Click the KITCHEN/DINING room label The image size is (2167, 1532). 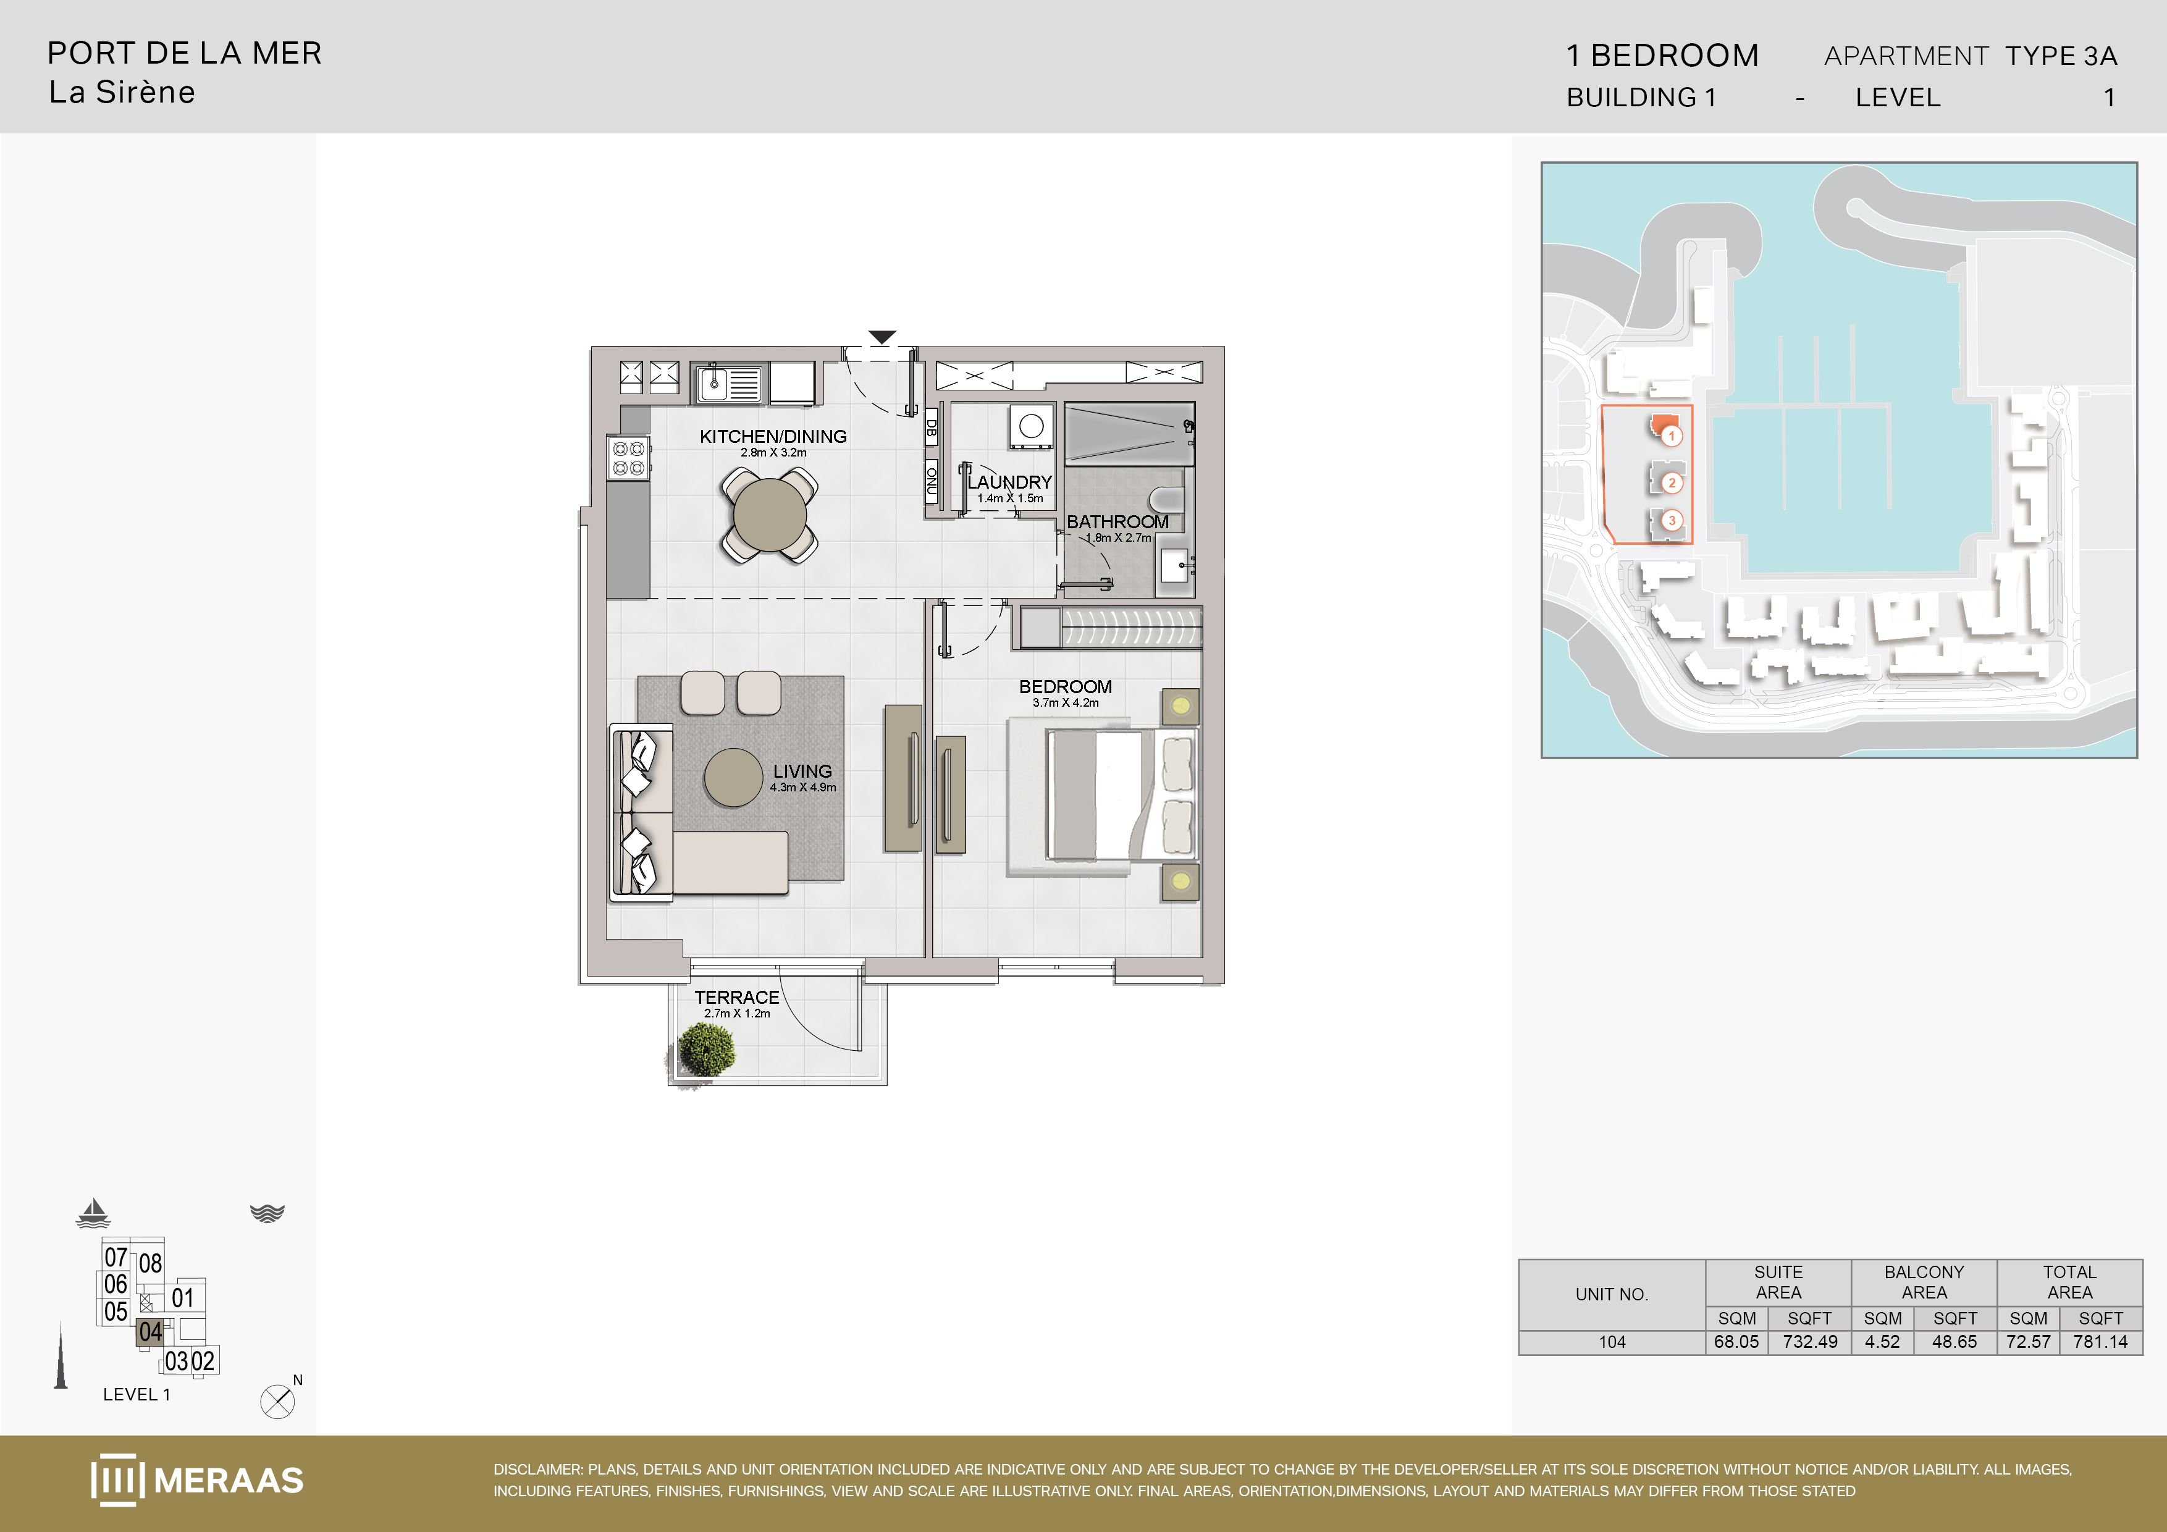[x=773, y=436]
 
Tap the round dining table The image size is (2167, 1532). [x=770, y=515]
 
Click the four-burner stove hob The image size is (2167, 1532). [x=629, y=458]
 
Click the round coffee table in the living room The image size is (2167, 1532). [x=733, y=778]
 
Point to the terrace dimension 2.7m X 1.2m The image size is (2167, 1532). [x=737, y=1014]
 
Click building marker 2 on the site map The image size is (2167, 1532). [x=1672, y=483]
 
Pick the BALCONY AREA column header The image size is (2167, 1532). [x=1924, y=1282]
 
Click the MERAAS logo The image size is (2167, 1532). [x=197, y=1480]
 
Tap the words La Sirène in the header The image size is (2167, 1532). [x=122, y=93]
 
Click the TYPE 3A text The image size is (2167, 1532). [x=2061, y=57]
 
